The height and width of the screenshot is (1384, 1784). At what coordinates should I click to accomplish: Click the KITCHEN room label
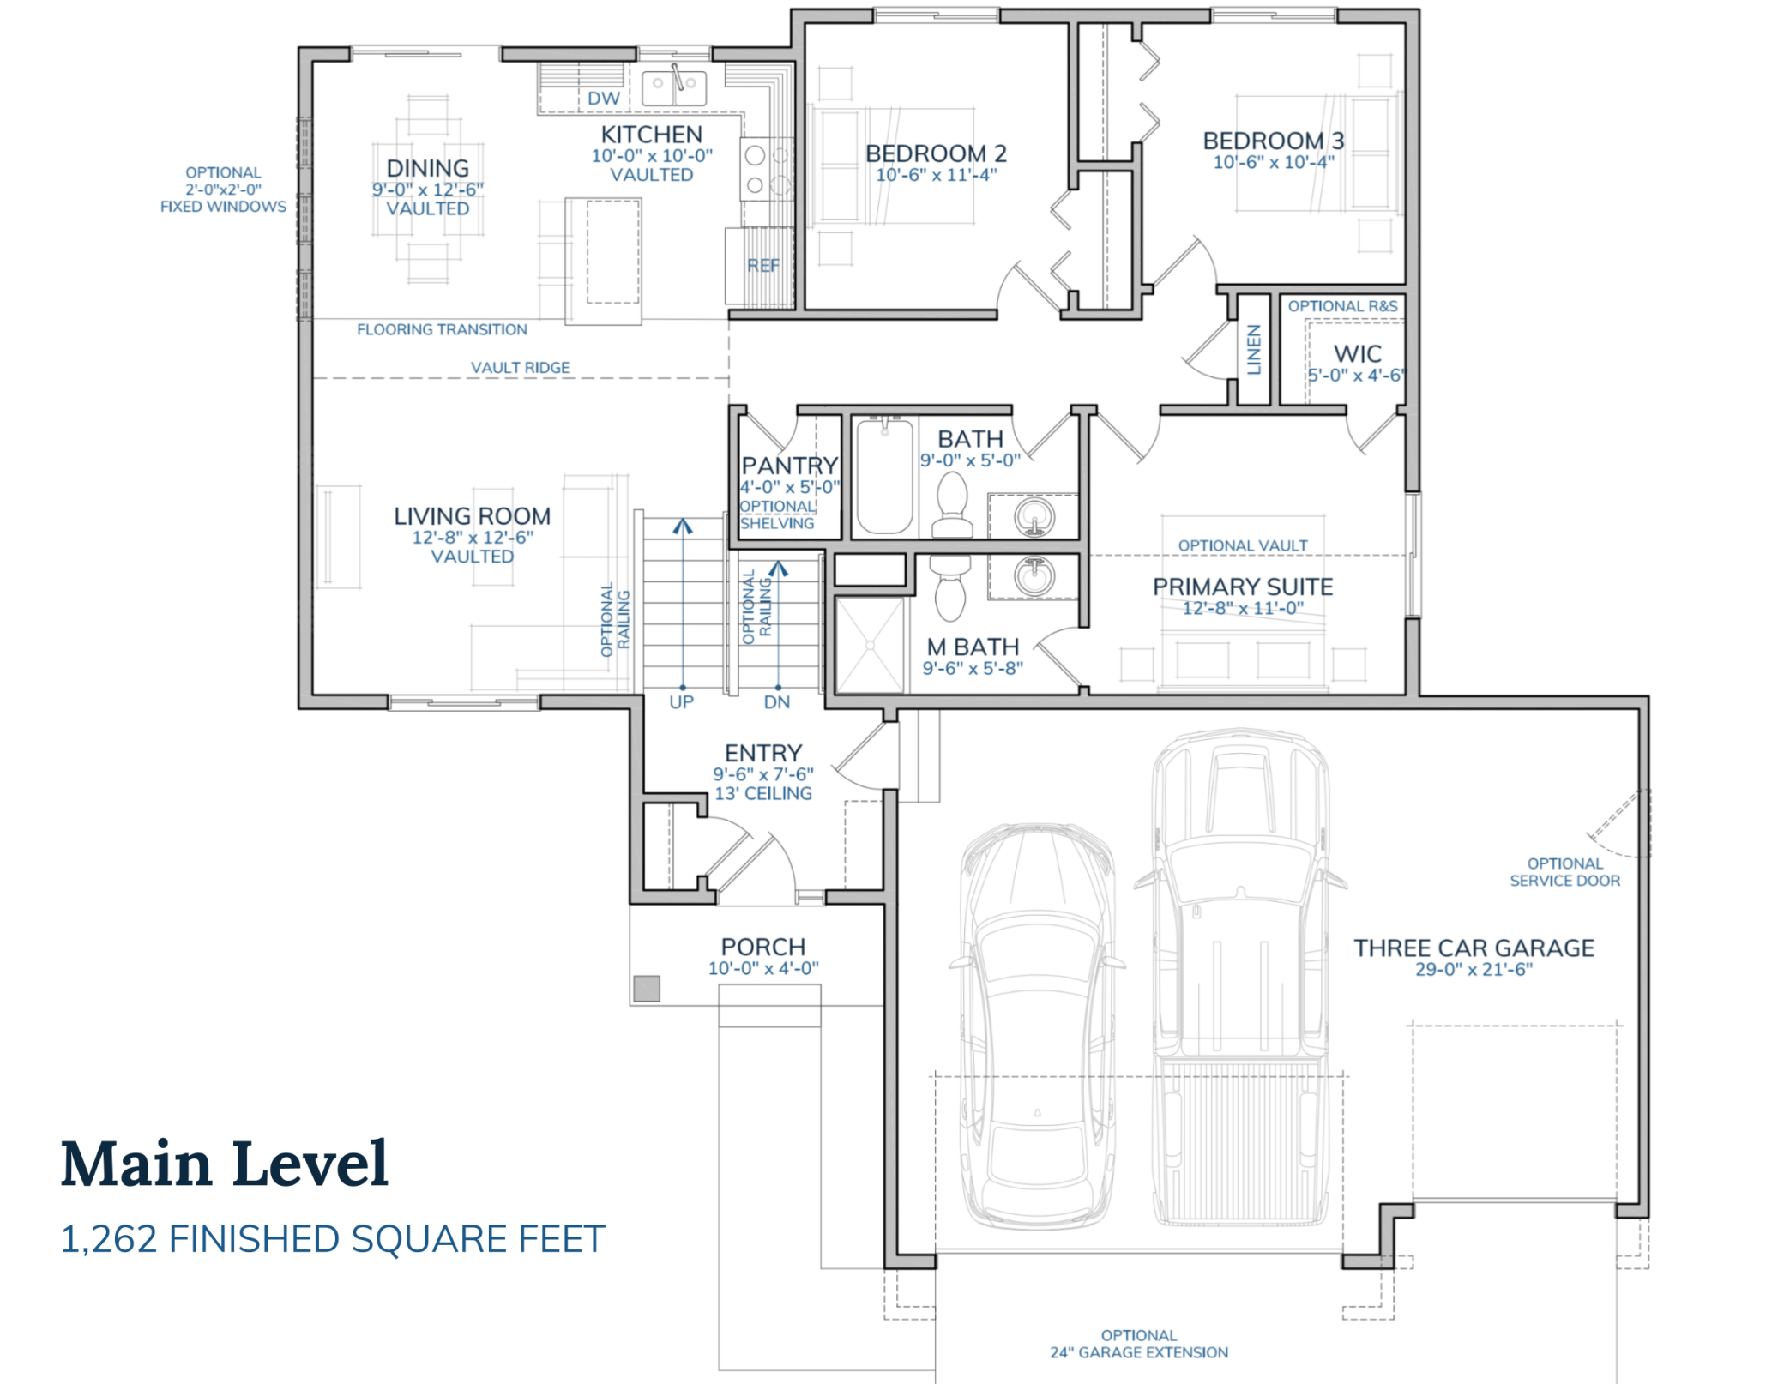651,135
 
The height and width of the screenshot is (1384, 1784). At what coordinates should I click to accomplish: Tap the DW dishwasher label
603,99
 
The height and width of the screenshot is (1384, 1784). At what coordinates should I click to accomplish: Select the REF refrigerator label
762,266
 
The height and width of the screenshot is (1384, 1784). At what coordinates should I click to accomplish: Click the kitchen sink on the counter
674,87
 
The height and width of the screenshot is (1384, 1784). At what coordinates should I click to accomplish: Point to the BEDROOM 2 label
936,153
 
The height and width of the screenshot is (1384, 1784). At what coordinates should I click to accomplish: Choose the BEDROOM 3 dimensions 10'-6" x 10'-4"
1273,162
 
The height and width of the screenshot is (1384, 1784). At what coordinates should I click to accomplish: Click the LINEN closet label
1254,350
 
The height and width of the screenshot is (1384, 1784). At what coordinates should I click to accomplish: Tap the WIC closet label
1357,353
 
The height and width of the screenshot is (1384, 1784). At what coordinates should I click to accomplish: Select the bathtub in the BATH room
884,476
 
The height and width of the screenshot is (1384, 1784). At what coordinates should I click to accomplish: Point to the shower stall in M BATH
870,645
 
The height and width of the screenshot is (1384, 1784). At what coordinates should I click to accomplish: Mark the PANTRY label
789,466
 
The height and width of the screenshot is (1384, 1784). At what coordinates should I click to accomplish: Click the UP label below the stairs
681,702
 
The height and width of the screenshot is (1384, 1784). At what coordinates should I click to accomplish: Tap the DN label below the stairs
776,702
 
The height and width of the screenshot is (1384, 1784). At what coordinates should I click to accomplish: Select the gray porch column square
646,988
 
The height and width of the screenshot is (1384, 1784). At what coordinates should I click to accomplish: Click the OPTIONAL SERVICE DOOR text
1564,872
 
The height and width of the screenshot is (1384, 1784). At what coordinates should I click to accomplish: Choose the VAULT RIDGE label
520,368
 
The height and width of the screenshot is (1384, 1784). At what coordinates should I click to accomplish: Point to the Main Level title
225,1164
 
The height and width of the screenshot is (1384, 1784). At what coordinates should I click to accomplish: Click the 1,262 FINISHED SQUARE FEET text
333,1239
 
